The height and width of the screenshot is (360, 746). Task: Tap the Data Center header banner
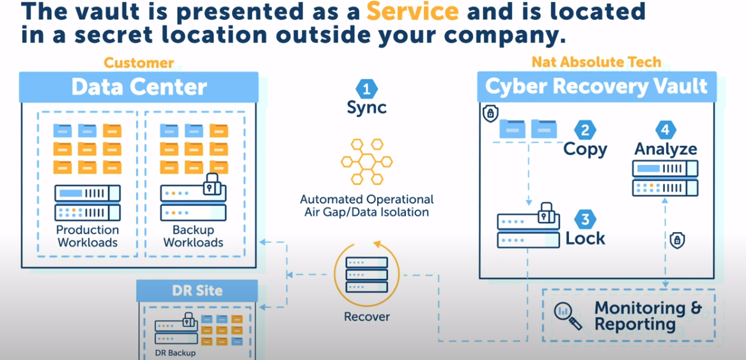click(139, 87)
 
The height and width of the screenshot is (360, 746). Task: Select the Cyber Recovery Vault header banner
click(596, 87)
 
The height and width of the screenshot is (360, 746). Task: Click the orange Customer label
click(139, 63)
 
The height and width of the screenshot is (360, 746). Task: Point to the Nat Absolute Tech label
click(596, 63)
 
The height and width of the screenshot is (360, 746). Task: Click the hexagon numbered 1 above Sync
click(366, 88)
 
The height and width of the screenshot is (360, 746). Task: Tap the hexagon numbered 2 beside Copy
click(585, 130)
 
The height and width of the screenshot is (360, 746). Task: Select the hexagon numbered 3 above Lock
click(585, 220)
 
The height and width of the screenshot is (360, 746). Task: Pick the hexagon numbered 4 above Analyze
click(665, 130)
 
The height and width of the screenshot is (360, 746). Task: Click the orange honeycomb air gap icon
click(366, 161)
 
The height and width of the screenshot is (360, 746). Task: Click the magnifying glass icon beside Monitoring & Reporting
click(566, 316)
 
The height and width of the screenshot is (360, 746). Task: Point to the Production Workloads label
click(88, 236)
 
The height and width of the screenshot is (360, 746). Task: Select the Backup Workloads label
click(193, 236)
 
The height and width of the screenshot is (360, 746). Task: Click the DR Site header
click(198, 290)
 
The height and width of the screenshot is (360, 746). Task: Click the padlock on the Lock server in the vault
click(545, 212)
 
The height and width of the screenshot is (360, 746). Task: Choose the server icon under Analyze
click(665, 178)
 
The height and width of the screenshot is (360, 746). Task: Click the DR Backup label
click(175, 352)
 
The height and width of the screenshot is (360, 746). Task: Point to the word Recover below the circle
click(366, 317)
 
